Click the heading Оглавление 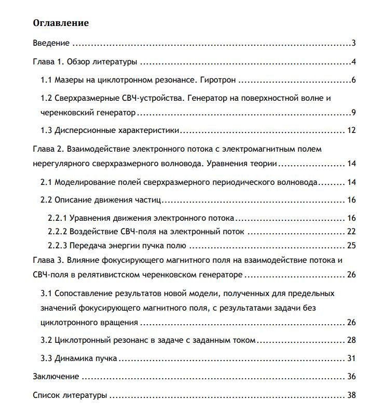point(61,23)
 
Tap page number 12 point(351,130)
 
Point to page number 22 point(351,231)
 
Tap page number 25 point(351,245)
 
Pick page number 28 point(351,340)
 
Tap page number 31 point(351,358)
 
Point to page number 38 point(351,395)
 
